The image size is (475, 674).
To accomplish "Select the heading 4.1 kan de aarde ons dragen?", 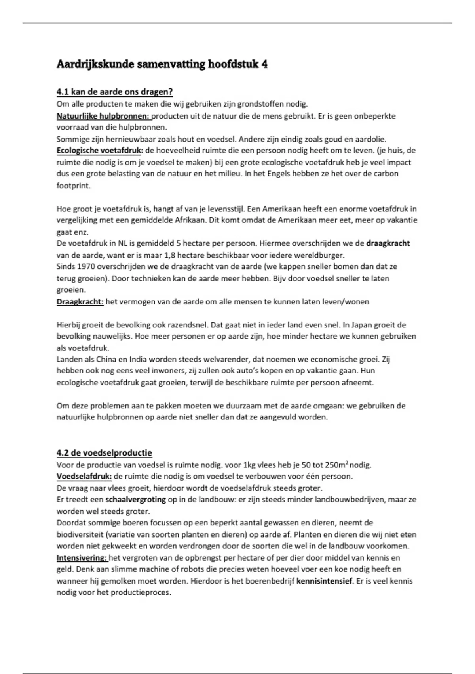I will point(115,92).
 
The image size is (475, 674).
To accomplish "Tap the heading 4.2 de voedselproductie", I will point(104,453).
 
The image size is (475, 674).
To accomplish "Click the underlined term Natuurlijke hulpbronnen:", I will point(103,116).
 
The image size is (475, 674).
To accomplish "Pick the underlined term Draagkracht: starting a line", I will point(80,302).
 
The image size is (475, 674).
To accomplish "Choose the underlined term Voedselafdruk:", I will point(84,476).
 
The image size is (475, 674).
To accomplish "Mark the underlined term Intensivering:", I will point(82,558).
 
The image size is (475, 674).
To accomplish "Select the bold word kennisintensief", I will point(324,581).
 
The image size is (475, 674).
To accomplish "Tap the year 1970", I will point(86,266).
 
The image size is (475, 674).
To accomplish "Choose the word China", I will point(105,360).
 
